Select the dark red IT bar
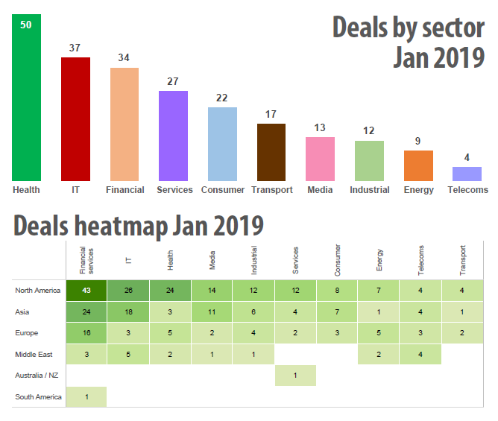click(x=75, y=119)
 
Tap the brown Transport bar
click(x=271, y=152)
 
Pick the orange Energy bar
click(x=418, y=165)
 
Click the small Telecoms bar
click(x=467, y=174)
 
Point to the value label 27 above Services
click(x=172, y=81)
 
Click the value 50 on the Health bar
click(x=26, y=24)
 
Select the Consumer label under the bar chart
click(x=222, y=190)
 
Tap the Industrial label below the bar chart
click(x=369, y=190)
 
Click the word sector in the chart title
click(x=447, y=28)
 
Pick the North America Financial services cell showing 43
click(x=86, y=290)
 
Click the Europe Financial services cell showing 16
click(x=86, y=333)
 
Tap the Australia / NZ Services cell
click(x=295, y=376)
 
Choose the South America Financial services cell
click(x=86, y=397)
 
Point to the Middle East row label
click(x=33, y=355)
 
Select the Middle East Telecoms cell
click(x=420, y=355)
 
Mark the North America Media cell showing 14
click(x=212, y=290)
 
